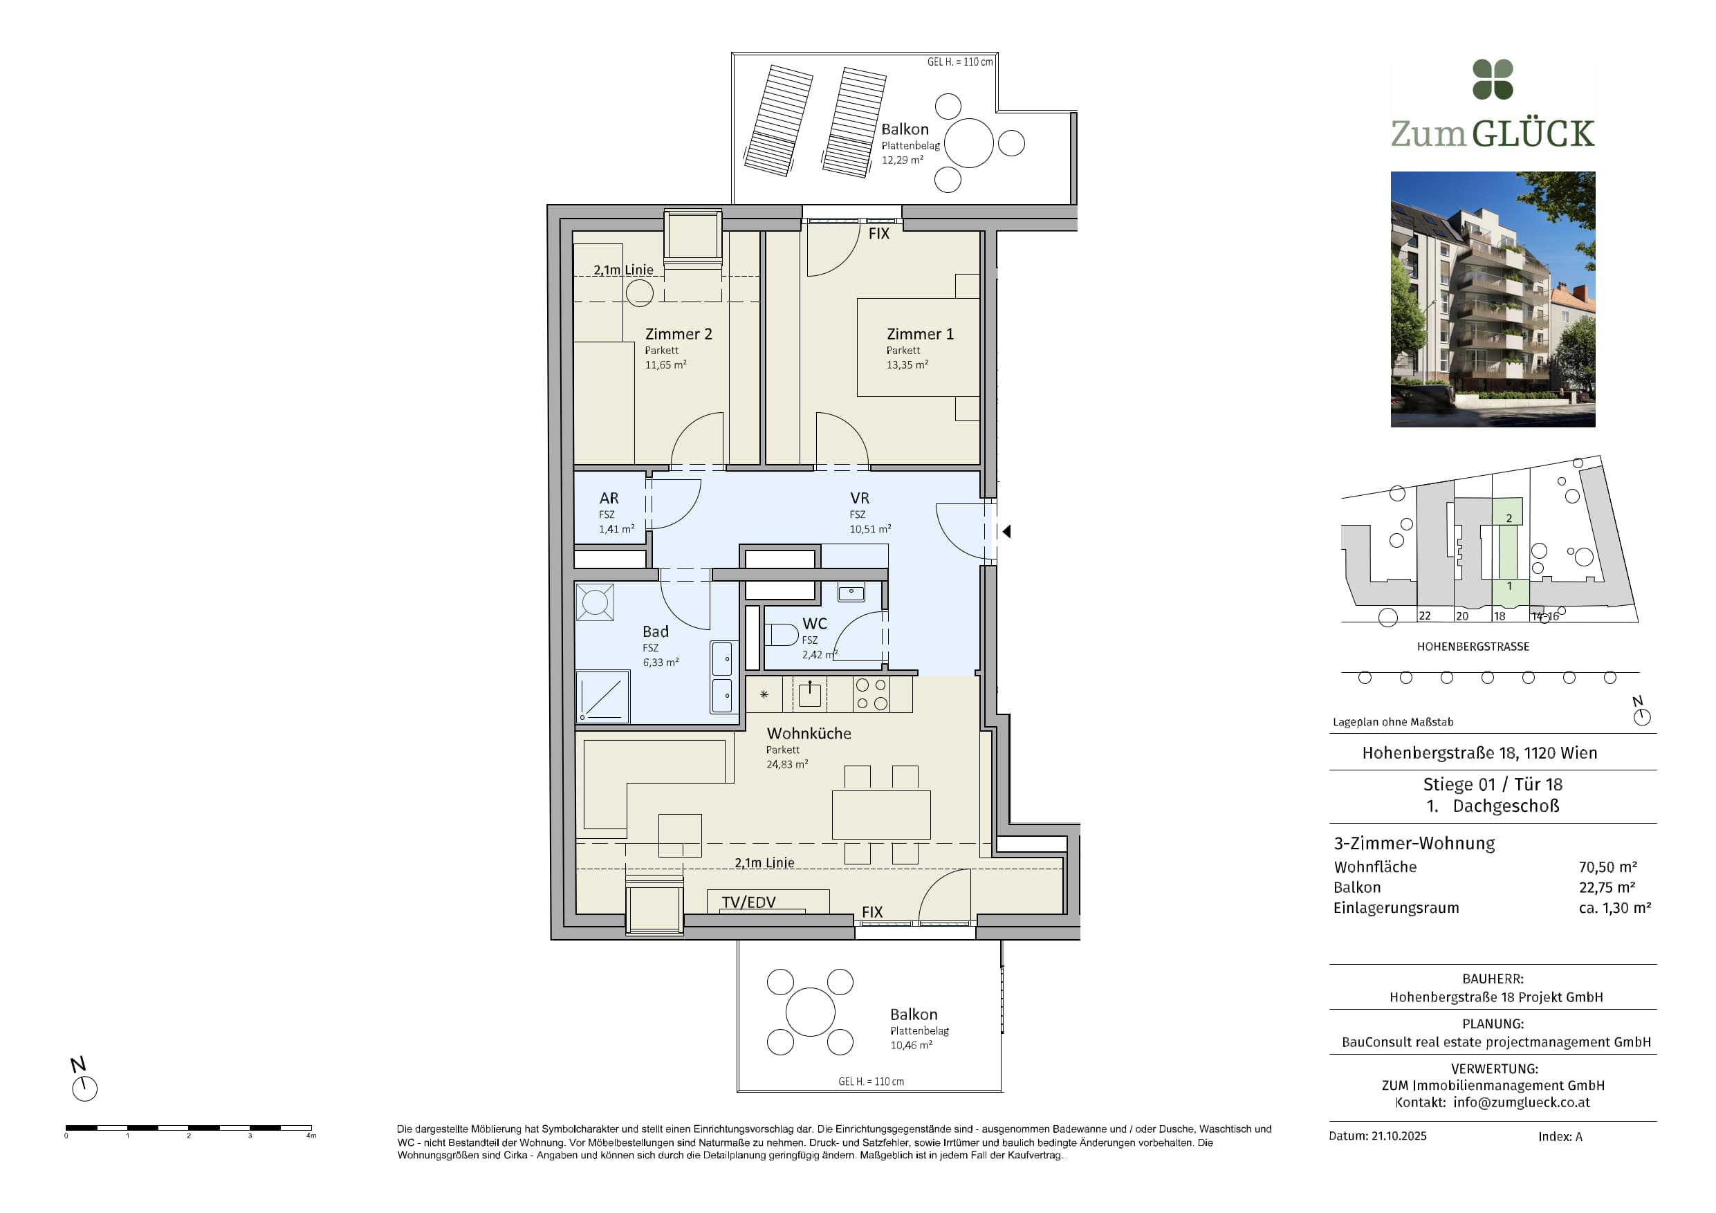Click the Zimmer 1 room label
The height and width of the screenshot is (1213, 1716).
(x=920, y=334)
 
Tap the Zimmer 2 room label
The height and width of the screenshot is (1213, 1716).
(x=679, y=334)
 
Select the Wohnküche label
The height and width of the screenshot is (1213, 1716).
(x=809, y=733)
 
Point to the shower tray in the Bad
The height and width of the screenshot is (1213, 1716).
(x=602, y=696)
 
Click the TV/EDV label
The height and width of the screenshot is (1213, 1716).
(x=748, y=902)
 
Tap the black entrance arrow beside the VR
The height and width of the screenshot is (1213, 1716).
(x=1007, y=531)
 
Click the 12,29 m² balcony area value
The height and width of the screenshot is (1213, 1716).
(x=902, y=160)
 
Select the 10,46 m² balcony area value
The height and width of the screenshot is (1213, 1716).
(x=911, y=1045)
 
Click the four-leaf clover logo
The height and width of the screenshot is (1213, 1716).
(x=1493, y=80)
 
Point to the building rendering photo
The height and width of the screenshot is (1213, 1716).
(x=1493, y=299)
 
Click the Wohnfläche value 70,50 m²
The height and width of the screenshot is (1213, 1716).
(x=1607, y=867)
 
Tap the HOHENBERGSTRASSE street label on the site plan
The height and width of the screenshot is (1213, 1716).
(x=1473, y=647)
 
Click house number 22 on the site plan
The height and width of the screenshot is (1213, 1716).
(x=1425, y=616)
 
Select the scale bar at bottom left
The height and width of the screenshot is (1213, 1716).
(x=188, y=1127)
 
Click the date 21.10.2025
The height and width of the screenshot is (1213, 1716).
(x=1399, y=1136)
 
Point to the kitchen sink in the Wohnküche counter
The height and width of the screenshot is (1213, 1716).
(x=809, y=694)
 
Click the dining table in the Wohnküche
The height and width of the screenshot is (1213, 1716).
(x=881, y=815)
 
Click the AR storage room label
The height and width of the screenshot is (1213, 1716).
(x=609, y=498)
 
